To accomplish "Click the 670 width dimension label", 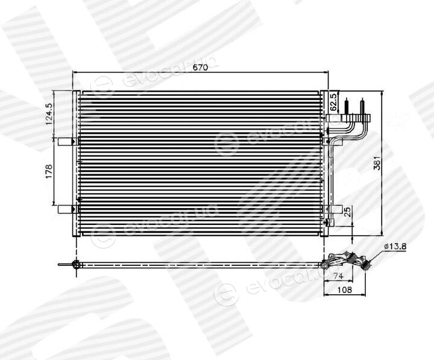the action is pos(201,68).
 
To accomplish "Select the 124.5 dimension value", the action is pos(49,114).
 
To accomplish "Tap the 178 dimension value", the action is pos(49,172).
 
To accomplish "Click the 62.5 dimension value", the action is pos(334,102).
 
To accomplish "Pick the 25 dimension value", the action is pos(348,211).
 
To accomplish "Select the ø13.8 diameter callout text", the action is pos(395,247).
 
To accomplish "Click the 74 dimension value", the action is pos(338,276).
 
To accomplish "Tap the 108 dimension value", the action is pos(345,289).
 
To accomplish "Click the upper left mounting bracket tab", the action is pos(66,142).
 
